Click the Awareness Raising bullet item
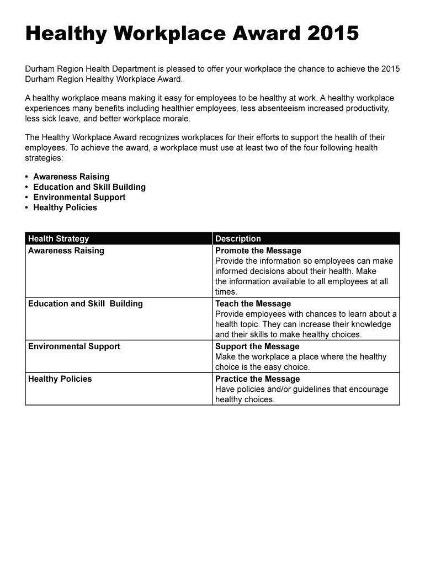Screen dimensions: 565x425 [71, 177]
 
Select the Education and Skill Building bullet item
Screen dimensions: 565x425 [89, 187]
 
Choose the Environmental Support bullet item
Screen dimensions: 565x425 [79, 198]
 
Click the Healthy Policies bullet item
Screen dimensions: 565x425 [65, 207]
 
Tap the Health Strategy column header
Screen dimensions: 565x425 [59, 239]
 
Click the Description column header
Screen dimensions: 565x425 [238, 239]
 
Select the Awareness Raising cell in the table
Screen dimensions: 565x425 [66, 251]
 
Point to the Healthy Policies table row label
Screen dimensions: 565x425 [60, 379]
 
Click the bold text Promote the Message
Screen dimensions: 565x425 [258, 251]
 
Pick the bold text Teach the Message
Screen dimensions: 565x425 [253, 304]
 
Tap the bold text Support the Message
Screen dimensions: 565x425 [257, 347]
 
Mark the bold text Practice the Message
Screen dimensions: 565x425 [257, 379]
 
